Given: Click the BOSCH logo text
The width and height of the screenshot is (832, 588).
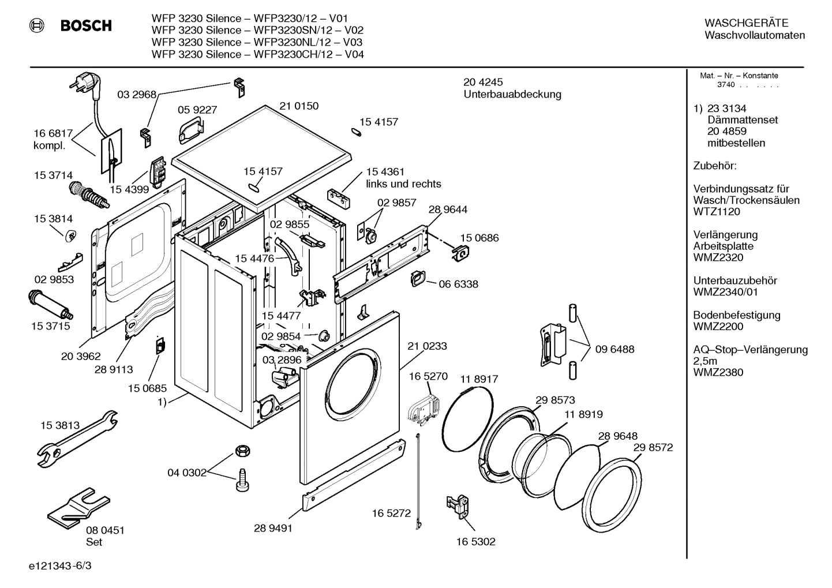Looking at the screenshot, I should coord(85,25).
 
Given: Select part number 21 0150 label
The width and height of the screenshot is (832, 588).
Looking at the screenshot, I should coord(299,106).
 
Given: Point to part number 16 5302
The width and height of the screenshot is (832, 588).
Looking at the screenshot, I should coord(475,541).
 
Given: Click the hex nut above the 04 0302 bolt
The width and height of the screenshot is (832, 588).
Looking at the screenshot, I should coord(242,451).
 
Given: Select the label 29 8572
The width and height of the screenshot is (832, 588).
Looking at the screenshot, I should coord(653,447).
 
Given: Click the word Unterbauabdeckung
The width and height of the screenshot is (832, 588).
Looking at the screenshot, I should coord(512,94).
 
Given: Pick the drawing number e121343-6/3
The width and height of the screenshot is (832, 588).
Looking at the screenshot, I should coord(59,566).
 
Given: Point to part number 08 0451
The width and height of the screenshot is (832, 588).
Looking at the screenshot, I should coord(105,530).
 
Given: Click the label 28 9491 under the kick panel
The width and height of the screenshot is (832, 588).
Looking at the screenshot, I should coord(273,527).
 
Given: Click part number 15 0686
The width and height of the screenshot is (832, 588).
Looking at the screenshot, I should coord(479,238).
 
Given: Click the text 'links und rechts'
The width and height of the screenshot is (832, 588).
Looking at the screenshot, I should coord(403,184).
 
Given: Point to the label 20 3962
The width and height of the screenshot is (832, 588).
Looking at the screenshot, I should coord(81,357).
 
